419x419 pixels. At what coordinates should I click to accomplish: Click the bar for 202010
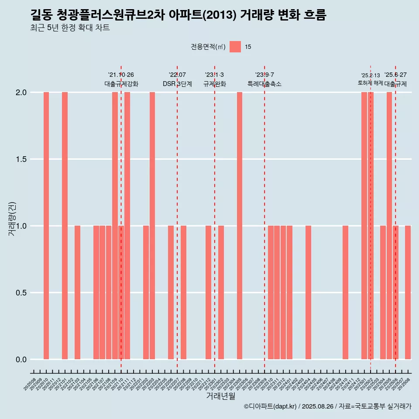tap(46, 226)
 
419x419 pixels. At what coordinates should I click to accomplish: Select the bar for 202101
tap(65, 226)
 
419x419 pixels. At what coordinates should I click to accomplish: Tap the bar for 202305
tap(239, 226)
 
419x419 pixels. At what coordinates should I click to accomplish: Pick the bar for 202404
tap(308, 292)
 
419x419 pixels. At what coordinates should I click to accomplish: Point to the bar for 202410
tap(345, 292)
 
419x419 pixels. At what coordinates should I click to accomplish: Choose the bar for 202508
tap(408, 292)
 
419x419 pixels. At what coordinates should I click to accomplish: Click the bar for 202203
tap(152, 226)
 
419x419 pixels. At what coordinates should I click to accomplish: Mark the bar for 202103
tap(77, 292)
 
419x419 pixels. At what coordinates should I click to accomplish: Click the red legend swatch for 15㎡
tap(235, 47)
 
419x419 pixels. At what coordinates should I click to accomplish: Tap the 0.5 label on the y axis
tap(21, 293)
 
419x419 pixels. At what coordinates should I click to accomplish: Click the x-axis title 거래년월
tap(220, 396)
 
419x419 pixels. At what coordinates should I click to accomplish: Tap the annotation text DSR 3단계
tap(177, 84)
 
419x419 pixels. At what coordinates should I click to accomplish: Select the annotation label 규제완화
tap(215, 84)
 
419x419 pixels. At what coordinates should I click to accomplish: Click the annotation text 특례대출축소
tap(264, 84)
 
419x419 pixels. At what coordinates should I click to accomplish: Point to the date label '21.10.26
tap(121, 75)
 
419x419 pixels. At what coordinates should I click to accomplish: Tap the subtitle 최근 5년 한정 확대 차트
tap(70, 28)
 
